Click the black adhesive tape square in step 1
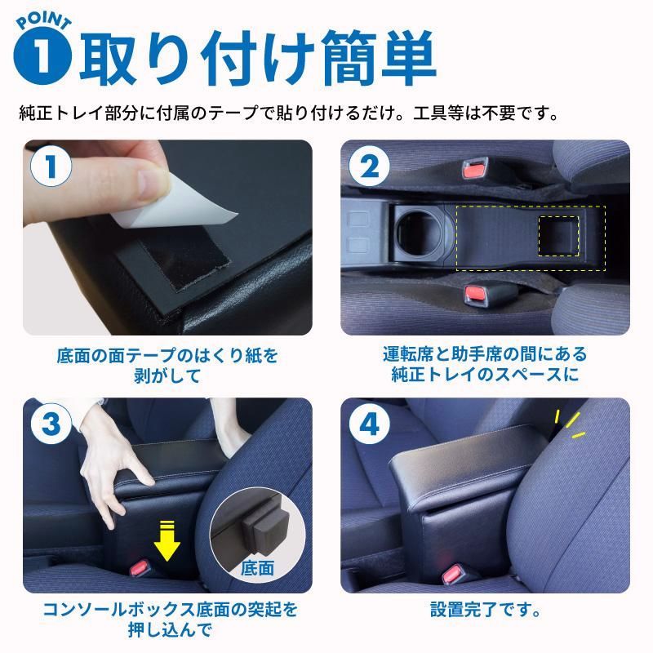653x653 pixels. click(x=175, y=270)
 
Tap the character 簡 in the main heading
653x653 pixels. click(x=345, y=56)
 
